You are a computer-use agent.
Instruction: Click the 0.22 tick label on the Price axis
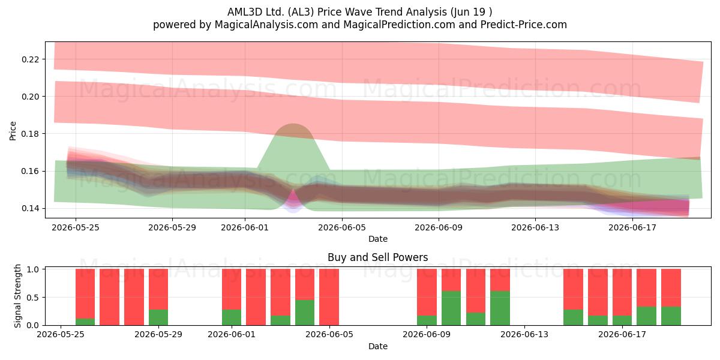30,59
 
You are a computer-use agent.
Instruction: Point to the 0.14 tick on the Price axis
30,208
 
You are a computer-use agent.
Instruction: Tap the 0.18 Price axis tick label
30,134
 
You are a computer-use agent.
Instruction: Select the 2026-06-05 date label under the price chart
342,227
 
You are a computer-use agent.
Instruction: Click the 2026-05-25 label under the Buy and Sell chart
61,335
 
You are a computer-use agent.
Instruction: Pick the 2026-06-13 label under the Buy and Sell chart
524,335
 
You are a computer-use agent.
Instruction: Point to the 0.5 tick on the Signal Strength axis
32,298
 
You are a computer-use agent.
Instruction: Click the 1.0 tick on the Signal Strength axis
32,269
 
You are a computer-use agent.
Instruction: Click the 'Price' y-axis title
13,131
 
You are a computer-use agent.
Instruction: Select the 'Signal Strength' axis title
17,296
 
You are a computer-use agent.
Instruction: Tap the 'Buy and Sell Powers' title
377,257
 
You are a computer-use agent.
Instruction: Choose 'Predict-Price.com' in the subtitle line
524,25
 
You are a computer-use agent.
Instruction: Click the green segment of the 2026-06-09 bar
427,320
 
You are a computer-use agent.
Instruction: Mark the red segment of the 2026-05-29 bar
158,289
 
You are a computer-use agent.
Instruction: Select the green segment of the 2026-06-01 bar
232,317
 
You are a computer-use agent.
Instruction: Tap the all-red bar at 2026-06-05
329,297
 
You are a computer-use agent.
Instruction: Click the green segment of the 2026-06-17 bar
622,320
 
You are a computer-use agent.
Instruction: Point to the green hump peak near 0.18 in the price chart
293,124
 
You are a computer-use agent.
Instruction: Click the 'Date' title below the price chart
378,239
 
